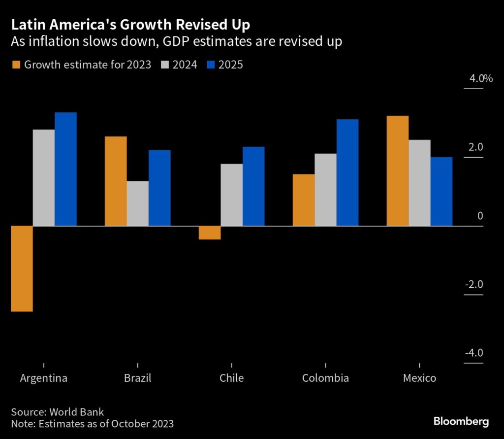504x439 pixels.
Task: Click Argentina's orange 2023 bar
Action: pos(22,269)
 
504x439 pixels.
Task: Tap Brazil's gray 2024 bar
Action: pos(137,203)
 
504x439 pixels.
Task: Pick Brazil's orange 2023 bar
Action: pos(116,181)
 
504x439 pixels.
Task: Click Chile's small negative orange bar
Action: pos(210,233)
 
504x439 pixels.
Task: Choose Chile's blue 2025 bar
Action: pos(253,186)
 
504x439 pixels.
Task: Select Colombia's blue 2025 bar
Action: pos(347,172)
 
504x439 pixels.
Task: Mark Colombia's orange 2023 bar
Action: pos(304,200)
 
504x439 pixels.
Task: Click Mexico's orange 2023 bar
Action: pos(398,171)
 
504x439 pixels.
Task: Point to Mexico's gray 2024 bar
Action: pos(419,183)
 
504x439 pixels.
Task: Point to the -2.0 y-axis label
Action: pos(473,284)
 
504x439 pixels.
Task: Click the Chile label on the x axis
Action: pos(231,378)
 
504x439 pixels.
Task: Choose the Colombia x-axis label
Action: pos(325,378)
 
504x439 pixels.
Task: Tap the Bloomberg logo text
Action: pos(461,421)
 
